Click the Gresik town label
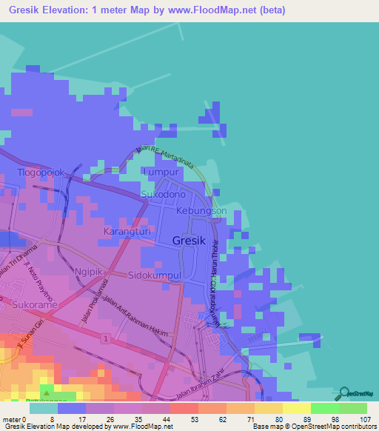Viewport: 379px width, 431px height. pos(189,241)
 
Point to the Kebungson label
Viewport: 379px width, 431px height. pos(201,211)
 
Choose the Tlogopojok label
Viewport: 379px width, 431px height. pos(42,173)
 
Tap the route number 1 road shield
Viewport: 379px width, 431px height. pos(107,338)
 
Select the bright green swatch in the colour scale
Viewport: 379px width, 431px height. pos(324,407)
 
